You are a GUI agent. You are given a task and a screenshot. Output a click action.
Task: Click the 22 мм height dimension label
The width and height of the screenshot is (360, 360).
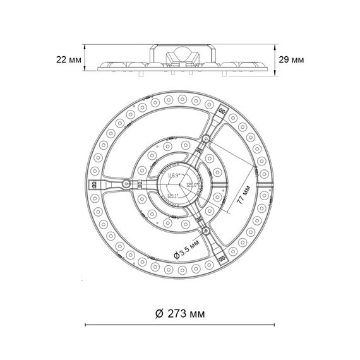pyautogui.click(x=68, y=59)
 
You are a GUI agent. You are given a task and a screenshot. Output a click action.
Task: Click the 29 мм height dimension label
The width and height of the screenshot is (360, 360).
pyautogui.click(x=291, y=59)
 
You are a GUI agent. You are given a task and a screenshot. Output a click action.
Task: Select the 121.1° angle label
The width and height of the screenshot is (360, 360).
pyautogui.click(x=174, y=196)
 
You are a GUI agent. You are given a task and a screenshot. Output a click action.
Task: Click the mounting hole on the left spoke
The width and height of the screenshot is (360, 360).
pyautogui.click(x=127, y=184)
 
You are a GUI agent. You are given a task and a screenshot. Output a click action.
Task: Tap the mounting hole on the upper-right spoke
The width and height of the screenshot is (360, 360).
pyautogui.click(x=207, y=138)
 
